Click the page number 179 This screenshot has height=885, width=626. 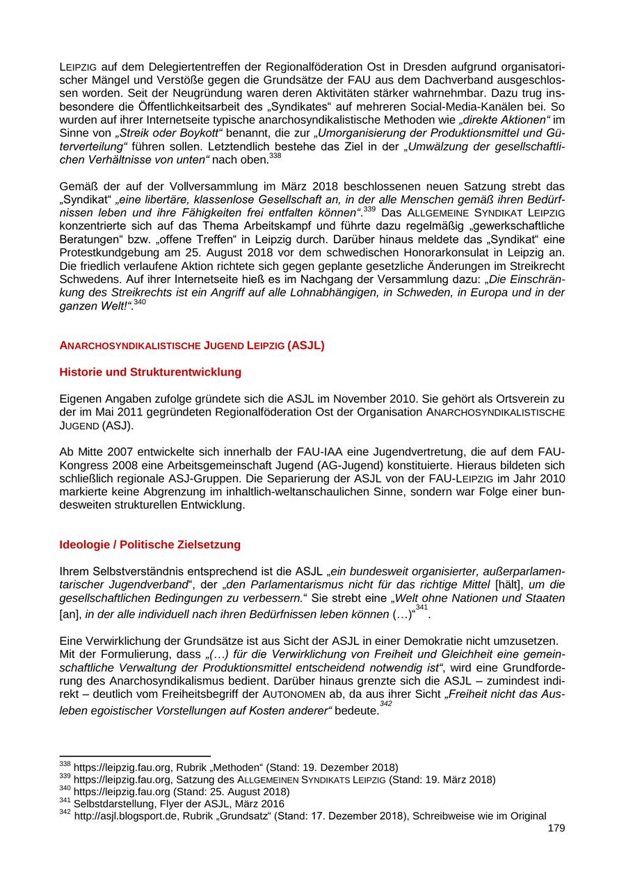pyautogui.click(x=556, y=828)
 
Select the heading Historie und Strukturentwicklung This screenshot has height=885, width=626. pyautogui.click(x=150, y=372)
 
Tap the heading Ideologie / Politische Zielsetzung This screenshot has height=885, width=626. pyautogui.click(x=150, y=544)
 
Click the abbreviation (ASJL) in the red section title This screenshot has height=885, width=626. pyautogui.click(x=306, y=345)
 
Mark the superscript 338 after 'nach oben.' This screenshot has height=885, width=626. pyautogui.click(x=275, y=157)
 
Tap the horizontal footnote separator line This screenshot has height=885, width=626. pyautogui.click(x=135, y=756)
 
